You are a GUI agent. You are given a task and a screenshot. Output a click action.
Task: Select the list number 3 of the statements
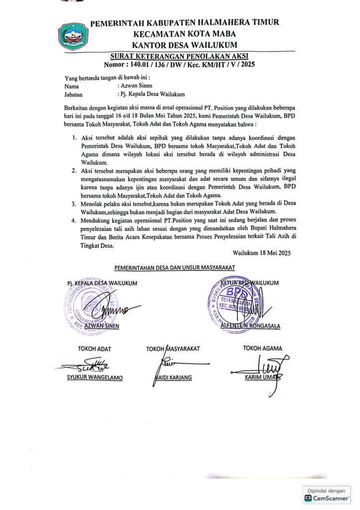coord(73,204)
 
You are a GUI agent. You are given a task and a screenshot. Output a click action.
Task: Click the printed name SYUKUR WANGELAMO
coord(95,377)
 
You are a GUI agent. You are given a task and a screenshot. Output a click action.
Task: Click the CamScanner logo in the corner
coord(309,498)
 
